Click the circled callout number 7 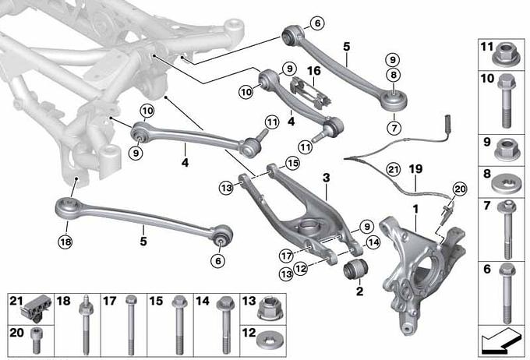394,128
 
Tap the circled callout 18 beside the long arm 65,242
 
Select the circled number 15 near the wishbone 292,164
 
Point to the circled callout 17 286,256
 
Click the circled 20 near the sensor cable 460,189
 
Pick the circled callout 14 373,242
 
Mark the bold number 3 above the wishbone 326,178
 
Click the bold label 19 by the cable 415,169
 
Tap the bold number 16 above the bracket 313,71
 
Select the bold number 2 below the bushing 359,291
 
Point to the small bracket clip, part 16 310,93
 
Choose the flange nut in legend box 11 505,55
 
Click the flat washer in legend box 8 506,184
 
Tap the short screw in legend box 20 36,341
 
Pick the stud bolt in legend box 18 86,325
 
